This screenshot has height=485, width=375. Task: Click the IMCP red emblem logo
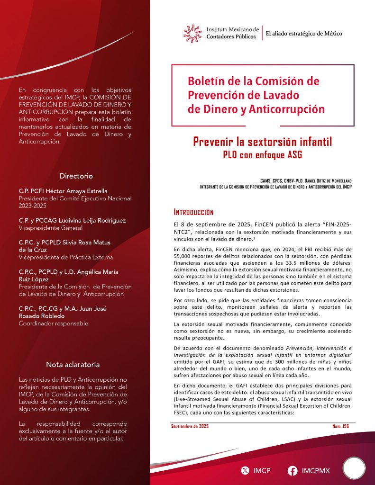192,34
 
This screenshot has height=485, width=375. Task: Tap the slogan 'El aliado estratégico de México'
304,34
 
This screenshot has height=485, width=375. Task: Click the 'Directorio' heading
76,176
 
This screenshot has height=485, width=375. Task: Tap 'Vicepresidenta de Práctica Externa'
65,257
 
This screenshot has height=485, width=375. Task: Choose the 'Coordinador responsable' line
53,323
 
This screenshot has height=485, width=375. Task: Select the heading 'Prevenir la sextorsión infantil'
263,142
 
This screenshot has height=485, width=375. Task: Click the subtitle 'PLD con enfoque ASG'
263,154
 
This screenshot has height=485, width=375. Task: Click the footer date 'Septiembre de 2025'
190,426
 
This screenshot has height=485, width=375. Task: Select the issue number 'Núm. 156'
340,426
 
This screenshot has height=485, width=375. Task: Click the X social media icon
245,471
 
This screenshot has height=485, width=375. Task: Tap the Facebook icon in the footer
293,471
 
